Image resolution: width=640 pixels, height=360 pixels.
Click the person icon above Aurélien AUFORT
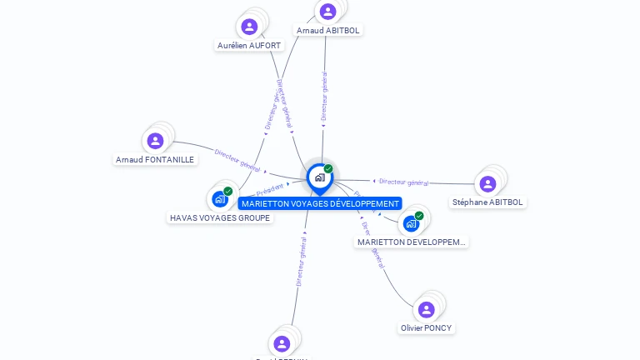pyautogui.click(x=249, y=27)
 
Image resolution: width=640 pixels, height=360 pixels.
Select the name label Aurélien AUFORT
pyautogui.click(x=249, y=45)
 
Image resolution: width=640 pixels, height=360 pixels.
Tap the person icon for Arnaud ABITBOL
pyautogui.click(x=327, y=12)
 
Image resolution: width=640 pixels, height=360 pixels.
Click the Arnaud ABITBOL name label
pyautogui.click(x=329, y=30)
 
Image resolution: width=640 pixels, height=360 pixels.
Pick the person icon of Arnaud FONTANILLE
pyautogui.click(x=155, y=141)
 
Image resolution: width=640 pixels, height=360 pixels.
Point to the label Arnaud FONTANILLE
pyautogui.click(x=155, y=159)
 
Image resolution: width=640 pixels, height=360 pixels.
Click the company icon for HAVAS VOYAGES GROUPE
pyautogui.click(x=220, y=198)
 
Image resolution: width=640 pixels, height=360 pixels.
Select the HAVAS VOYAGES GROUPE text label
pyautogui.click(x=220, y=217)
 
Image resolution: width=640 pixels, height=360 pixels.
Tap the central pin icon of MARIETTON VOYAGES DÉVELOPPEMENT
pyautogui.click(x=318, y=177)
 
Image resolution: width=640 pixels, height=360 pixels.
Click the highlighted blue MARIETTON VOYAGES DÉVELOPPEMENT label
pyautogui.click(x=320, y=203)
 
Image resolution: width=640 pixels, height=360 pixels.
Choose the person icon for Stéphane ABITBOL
pyautogui.click(x=488, y=183)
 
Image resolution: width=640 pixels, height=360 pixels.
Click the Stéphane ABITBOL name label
pyautogui.click(x=487, y=202)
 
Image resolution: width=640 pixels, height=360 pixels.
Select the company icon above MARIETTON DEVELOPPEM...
pyautogui.click(x=411, y=223)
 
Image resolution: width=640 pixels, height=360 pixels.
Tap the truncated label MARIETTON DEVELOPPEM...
pyautogui.click(x=412, y=242)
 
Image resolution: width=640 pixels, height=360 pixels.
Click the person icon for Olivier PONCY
pyautogui.click(x=427, y=309)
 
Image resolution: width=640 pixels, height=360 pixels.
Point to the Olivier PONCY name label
pyautogui.click(x=427, y=327)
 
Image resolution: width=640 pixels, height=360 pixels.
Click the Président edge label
pyautogui.click(x=270, y=190)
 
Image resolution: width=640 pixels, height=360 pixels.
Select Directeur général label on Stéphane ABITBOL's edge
pyautogui.click(x=403, y=182)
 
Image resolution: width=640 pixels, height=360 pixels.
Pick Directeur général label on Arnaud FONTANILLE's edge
pyautogui.click(x=237, y=160)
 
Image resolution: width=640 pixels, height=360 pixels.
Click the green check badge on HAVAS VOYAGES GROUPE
pyautogui.click(x=227, y=192)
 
